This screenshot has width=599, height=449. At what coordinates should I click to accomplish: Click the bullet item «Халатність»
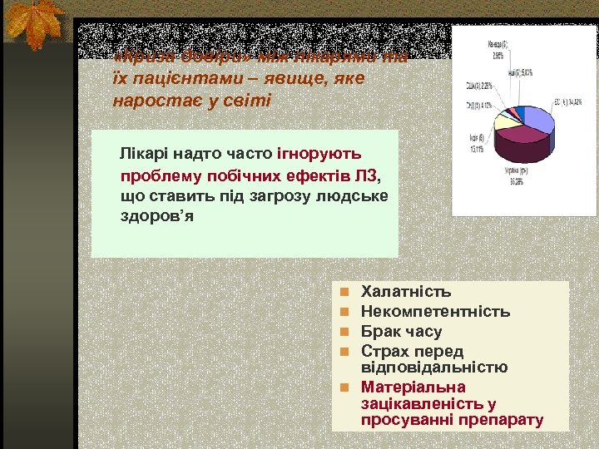pos(406,292)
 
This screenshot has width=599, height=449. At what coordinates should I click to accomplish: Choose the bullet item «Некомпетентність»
pos(435,312)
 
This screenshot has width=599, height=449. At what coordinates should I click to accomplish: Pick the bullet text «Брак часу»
pos(402,332)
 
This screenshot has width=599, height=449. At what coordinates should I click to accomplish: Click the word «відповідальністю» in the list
pos(434,368)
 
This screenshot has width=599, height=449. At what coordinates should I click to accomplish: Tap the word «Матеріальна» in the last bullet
pos(413,387)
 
